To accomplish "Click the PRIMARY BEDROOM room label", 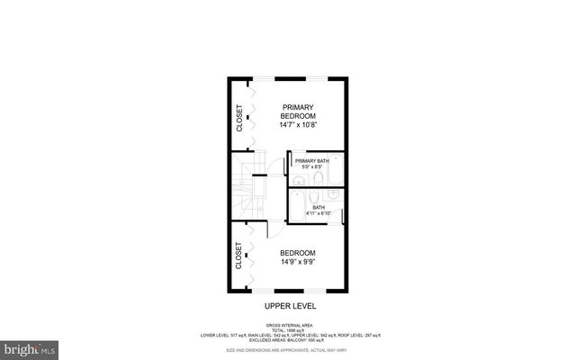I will click(x=296, y=111).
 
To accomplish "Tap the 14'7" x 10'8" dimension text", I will click(x=296, y=125).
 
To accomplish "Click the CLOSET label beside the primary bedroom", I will click(x=240, y=118).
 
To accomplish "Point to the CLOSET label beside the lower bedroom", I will click(x=239, y=256).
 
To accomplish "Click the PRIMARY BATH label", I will click(x=310, y=160).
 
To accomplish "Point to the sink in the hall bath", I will click(x=333, y=193).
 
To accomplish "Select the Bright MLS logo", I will click(x=30, y=346).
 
